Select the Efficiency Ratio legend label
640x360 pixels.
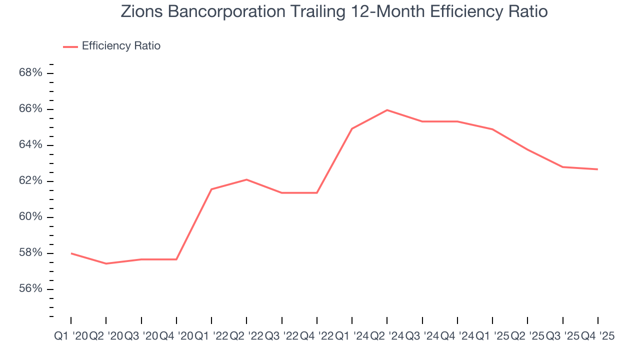pos(121,46)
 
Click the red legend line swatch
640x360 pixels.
pos(70,46)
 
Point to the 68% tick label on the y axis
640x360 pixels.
pos(30,73)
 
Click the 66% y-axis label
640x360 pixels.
pos(30,109)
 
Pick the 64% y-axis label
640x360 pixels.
pos(30,145)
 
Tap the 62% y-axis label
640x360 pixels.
pos(30,181)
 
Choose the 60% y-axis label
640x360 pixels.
pos(30,217)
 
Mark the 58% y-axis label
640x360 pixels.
pos(30,253)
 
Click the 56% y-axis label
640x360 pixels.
pos(30,289)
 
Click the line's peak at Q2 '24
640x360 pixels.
pos(387,110)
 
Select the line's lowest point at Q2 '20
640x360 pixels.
pos(106,263)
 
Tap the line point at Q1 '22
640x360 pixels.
pos(211,189)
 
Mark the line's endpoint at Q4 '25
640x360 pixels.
pos(597,169)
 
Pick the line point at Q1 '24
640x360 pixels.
pos(352,128)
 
